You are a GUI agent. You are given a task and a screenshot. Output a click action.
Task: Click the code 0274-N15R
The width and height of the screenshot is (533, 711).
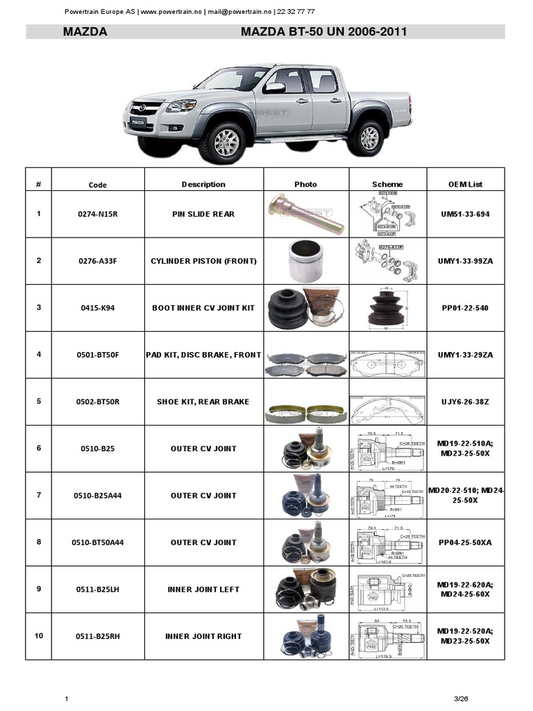[98, 214]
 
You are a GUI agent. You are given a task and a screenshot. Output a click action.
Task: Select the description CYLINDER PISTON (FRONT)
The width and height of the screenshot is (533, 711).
[203, 261]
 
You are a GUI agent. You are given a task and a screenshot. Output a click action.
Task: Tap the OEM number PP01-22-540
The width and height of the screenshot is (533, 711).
[464, 308]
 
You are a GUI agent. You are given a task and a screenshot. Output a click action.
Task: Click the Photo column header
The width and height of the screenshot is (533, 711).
[305, 184]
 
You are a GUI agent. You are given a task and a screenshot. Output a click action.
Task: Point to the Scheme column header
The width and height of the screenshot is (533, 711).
[387, 184]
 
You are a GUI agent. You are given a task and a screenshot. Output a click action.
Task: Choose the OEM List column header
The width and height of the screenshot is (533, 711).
[465, 184]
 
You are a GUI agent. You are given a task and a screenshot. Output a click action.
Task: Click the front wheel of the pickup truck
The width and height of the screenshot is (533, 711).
[222, 142]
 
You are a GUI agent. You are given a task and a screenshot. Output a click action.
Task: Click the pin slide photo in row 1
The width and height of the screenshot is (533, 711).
[305, 213]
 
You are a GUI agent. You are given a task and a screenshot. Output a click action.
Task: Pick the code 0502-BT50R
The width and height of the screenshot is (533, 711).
[98, 401]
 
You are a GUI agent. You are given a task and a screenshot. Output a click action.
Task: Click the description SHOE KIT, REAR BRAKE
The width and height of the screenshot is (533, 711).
[203, 401]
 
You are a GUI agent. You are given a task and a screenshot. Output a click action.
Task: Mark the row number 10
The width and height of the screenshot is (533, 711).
[39, 635]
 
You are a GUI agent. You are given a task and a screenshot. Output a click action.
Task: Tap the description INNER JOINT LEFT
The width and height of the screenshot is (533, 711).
[203, 589]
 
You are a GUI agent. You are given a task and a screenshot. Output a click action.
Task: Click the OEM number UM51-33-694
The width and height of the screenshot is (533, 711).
[464, 214]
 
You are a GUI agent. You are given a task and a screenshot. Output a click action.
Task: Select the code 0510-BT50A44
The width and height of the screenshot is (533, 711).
[98, 542]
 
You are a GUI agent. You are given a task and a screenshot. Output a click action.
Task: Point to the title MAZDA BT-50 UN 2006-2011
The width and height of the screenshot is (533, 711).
[323, 32]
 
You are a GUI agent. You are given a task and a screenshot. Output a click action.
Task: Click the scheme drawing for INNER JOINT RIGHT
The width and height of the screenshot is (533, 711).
[387, 637]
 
